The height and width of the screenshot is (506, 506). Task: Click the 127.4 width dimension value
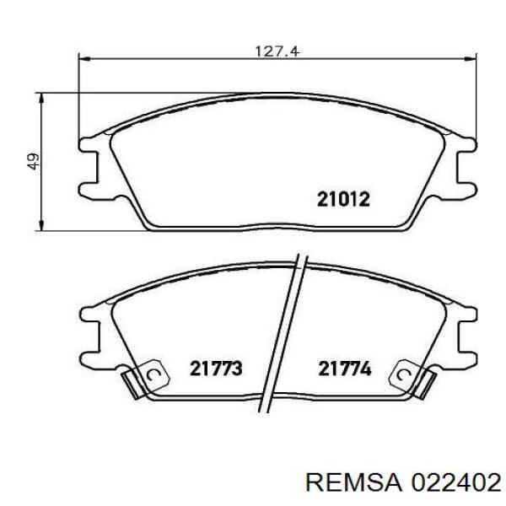(277, 51)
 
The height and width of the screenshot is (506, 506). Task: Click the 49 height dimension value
(33, 161)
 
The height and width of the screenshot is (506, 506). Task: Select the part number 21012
(343, 199)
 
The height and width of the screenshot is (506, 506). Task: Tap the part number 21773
(216, 369)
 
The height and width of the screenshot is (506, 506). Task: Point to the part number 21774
(345, 369)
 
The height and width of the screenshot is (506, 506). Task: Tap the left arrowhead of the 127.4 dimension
(83, 59)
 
